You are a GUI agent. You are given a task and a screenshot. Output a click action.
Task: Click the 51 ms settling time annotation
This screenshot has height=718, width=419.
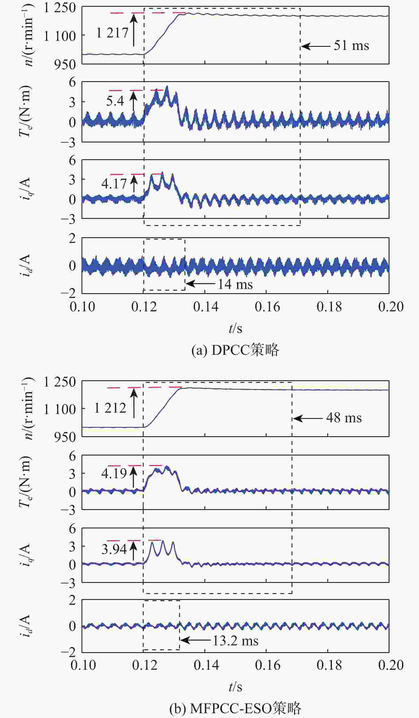pos(351,46)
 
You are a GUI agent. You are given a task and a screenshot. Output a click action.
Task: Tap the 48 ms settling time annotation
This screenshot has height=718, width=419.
pos(344,418)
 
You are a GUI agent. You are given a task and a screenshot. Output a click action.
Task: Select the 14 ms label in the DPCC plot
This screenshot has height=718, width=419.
pos(235,284)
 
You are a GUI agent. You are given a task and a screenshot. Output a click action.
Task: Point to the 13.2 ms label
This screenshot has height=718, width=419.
pos(235,641)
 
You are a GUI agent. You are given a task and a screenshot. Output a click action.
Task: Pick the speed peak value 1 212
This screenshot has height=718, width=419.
pos(110,408)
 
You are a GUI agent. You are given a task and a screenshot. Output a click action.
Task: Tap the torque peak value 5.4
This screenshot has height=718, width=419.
pos(115,101)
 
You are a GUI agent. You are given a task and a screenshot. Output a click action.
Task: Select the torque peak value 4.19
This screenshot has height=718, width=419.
pos(114,473)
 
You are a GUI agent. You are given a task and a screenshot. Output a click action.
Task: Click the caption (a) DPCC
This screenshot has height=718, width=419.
pos(235,350)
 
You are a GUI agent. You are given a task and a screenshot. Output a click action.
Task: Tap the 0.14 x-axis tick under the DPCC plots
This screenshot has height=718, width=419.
pos(206,307)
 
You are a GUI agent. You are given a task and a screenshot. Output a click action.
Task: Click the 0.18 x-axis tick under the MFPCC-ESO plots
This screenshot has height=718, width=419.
pos(329,665)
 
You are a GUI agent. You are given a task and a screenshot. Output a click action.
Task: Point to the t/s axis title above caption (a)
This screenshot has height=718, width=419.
pos(235,329)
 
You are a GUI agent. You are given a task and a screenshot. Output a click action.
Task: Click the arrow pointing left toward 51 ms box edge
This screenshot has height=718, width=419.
pos(315,46)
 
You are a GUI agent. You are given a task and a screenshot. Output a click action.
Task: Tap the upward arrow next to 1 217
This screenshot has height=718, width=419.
pos(134,30)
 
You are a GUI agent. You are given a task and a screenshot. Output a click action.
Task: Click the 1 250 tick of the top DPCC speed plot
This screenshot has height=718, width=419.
pos(59,8)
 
